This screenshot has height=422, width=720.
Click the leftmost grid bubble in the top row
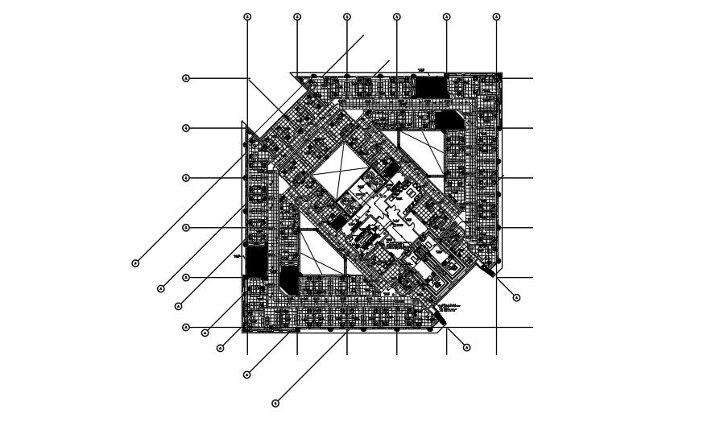[247, 16]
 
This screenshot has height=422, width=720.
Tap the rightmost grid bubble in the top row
[496, 16]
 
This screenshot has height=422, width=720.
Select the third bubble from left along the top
[347, 16]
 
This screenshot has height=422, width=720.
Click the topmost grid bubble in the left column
[186, 78]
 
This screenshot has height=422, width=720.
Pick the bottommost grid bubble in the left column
[186, 327]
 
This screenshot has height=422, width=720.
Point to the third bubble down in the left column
[186, 178]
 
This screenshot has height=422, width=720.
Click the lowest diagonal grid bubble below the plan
[275, 403]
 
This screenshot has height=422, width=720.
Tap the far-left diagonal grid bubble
[135, 263]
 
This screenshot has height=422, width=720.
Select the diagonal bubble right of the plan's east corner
[516, 298]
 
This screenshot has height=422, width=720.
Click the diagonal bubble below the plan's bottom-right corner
[467, 347]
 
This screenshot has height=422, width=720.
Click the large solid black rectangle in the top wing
[430, 86]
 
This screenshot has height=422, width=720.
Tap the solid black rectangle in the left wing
[256, 261]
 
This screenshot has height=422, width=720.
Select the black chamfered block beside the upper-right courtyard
[446, 120]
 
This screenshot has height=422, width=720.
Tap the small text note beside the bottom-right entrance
[450, 307]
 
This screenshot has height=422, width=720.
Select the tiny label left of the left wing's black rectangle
[238, 256]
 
